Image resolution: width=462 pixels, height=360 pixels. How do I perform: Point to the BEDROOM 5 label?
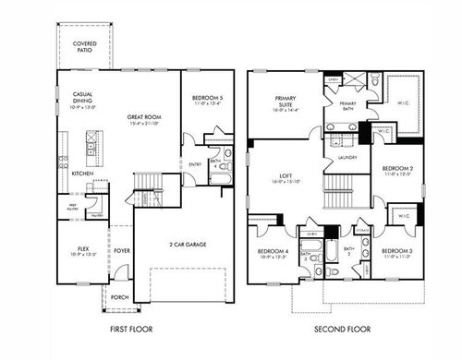206,101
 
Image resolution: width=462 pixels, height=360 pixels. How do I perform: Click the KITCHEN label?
82,174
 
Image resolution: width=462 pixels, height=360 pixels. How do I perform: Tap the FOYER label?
122,250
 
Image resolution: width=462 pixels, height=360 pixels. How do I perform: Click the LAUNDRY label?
347,157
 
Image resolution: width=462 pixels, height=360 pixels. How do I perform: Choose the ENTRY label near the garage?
195,165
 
